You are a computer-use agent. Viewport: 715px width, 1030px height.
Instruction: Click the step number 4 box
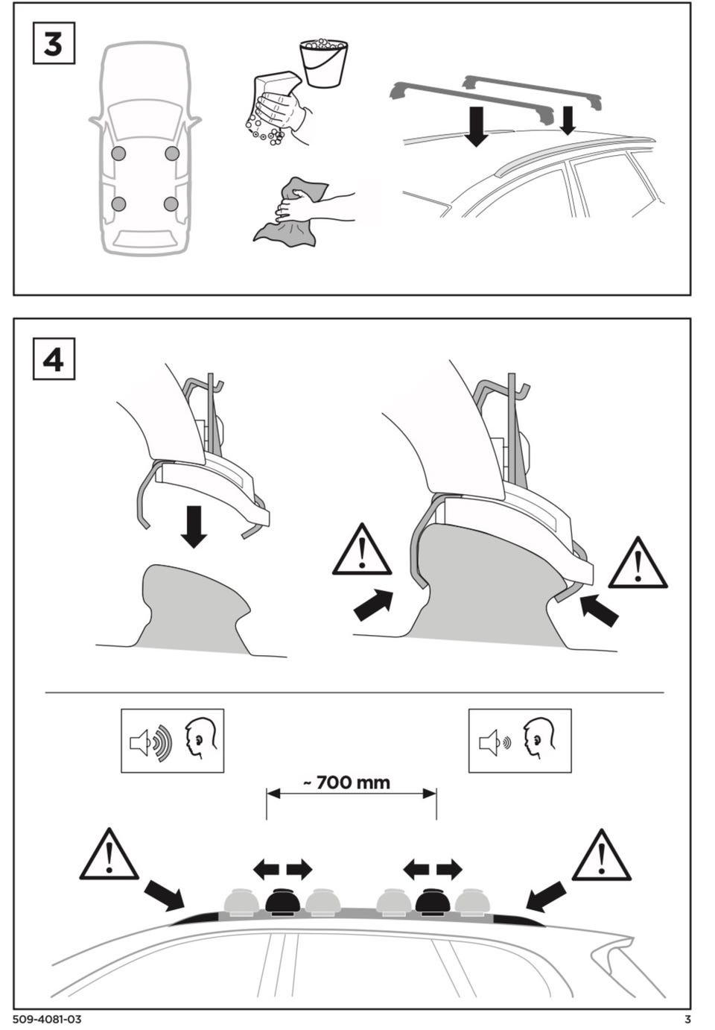[x=54, y=359]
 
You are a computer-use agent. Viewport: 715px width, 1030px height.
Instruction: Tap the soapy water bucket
[x=323, y=63]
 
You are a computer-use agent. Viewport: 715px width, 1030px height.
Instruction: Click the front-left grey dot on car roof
[x=118, y=154]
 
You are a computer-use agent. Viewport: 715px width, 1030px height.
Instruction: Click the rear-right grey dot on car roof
[x=171, y=203]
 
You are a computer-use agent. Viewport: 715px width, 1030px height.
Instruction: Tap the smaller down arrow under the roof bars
[x=568, y=121]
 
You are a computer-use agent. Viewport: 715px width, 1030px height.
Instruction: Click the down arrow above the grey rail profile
[x=194, y=526]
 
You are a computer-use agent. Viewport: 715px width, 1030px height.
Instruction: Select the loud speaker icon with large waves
[x=150, y=742]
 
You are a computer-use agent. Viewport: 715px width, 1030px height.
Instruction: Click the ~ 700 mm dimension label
[x=347, y=782]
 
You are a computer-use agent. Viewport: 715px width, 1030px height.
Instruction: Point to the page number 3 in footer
[x=687, y=1020]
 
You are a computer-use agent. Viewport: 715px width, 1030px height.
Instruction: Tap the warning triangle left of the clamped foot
[x=362, y=549]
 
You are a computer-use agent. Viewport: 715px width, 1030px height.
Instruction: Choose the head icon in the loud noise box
[x=201, y=739]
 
